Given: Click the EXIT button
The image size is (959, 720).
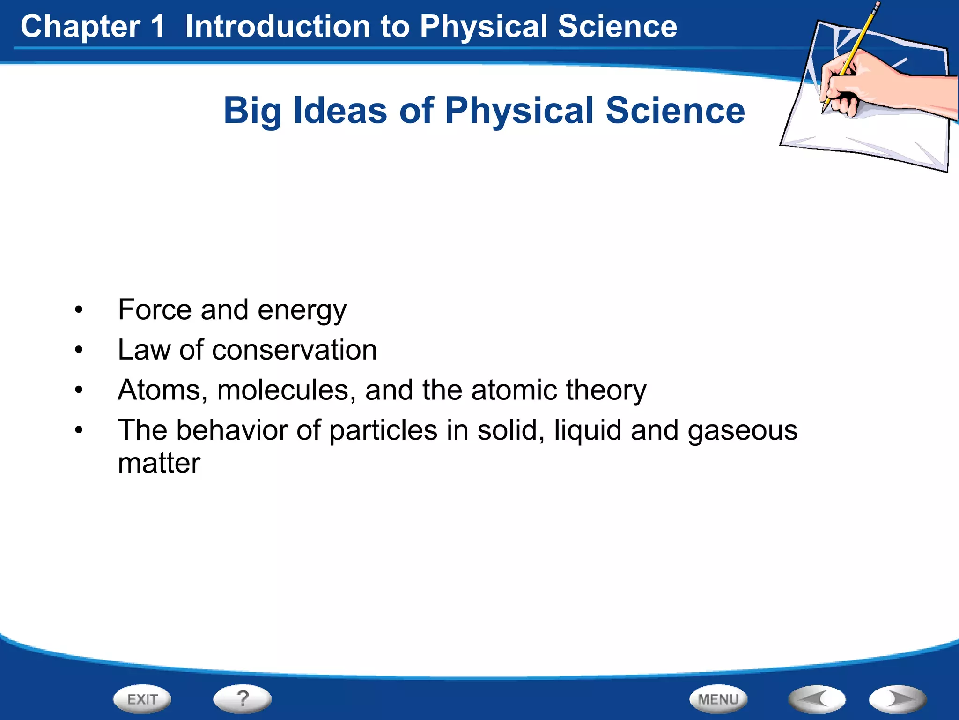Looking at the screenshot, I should coord(142,699).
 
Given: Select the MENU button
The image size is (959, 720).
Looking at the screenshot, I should coord(718,699).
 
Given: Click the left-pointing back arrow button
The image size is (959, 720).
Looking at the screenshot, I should coord(817,699).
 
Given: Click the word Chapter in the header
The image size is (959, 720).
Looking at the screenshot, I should coord(80,27).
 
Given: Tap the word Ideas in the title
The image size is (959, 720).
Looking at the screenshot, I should coord(340,111).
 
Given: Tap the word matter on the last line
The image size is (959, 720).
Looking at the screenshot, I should coord(159,464).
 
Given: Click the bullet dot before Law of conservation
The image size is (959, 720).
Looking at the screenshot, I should coord(79,350).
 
